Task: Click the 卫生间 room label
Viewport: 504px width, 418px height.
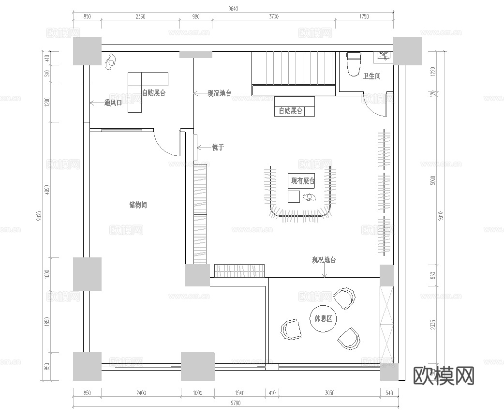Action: (372, 76)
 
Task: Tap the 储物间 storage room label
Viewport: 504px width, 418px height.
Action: (138, 205)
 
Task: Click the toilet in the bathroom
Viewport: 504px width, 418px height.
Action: (354, 64)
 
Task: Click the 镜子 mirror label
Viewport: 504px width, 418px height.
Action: (218, 147)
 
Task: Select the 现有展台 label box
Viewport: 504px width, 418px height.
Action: (302, 181)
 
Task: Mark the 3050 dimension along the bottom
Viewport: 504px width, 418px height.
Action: (329, 393)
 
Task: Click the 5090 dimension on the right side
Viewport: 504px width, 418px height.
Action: (434, 180)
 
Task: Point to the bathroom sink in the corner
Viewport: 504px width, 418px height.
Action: (384, 55)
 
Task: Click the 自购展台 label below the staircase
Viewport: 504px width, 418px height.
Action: (291, 111)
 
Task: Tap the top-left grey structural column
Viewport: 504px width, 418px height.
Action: (87, 51)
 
